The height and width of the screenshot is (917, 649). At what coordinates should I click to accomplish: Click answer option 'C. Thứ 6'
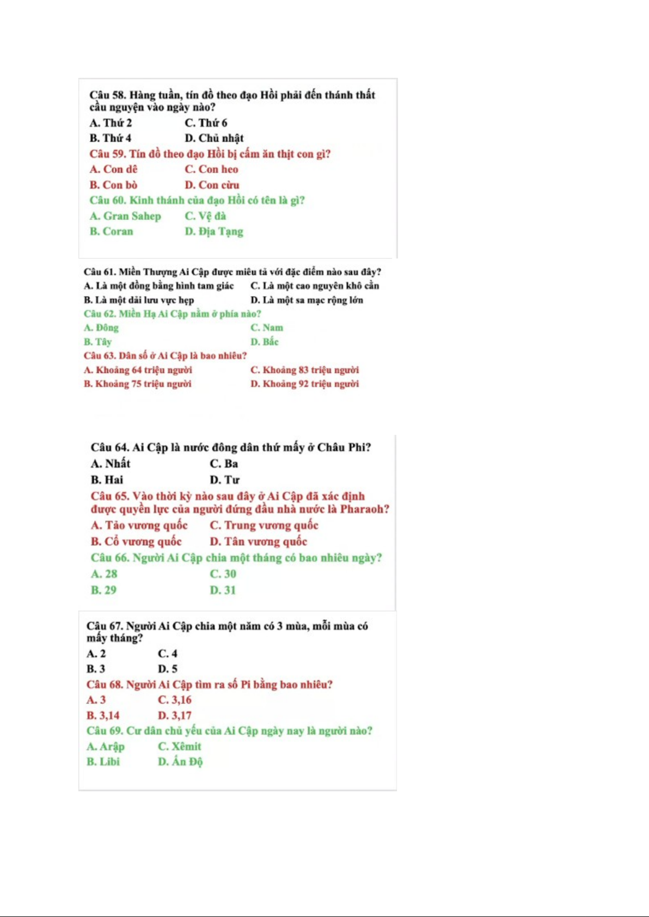206,123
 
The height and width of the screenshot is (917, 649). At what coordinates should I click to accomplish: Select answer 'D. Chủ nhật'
214,138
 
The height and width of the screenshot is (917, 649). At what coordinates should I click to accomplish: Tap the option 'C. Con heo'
211,169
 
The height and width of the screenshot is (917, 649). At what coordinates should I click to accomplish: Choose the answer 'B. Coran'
111,231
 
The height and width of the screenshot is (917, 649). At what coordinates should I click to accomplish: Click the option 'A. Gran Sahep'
125,216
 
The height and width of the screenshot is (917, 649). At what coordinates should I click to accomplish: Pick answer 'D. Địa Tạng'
214,231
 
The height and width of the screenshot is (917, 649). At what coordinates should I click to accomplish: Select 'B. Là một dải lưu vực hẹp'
139,300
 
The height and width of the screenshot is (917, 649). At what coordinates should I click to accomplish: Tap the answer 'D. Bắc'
264,342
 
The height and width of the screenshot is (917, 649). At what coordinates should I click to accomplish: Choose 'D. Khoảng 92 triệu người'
304,384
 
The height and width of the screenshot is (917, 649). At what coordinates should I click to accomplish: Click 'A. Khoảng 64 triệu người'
138,370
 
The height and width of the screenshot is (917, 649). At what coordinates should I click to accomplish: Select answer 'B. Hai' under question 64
107,480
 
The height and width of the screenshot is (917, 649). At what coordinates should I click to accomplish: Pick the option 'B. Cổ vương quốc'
136,541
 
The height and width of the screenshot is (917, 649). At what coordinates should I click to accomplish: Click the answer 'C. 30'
223,574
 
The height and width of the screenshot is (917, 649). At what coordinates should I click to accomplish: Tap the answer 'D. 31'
223,590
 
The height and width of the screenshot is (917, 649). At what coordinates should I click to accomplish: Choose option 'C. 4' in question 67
167,654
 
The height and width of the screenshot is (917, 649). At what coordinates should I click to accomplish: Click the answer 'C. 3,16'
174,700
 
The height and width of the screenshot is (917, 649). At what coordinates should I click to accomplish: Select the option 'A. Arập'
105,746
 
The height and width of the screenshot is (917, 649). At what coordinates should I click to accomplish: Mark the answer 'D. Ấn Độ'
180,761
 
